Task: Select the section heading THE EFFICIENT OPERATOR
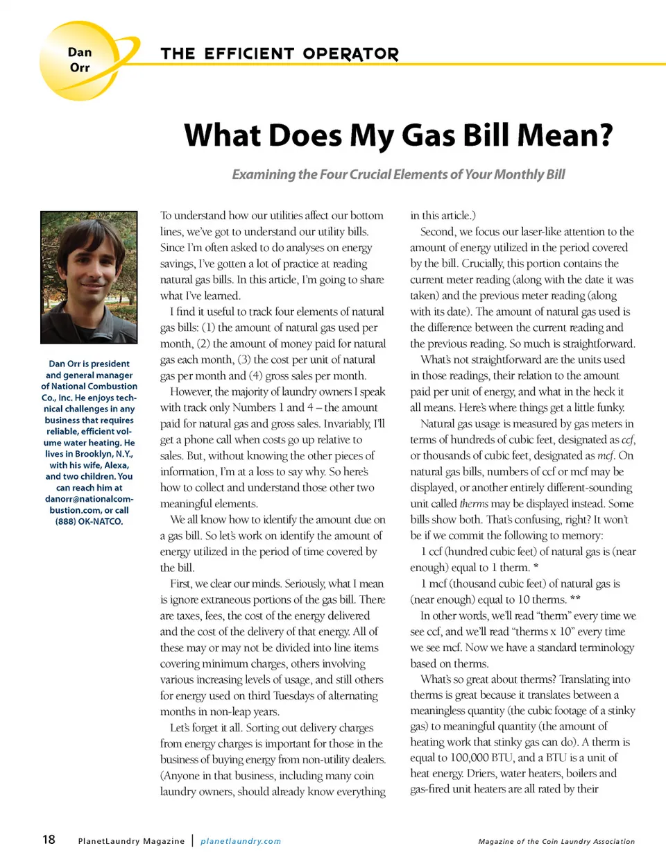tap(280, 54)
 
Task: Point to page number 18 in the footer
tap(49, 840)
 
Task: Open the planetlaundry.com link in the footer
tap(241, 841)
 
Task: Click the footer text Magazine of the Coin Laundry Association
tap(556, 841)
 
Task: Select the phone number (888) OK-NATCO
tap(89, 521)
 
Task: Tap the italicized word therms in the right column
tap(474, 504)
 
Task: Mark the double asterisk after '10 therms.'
tap(575, 600)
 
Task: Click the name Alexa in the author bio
tap(116, 465)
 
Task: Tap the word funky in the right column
tap(610, 408)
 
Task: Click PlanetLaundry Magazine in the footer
tap(131, 841)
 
